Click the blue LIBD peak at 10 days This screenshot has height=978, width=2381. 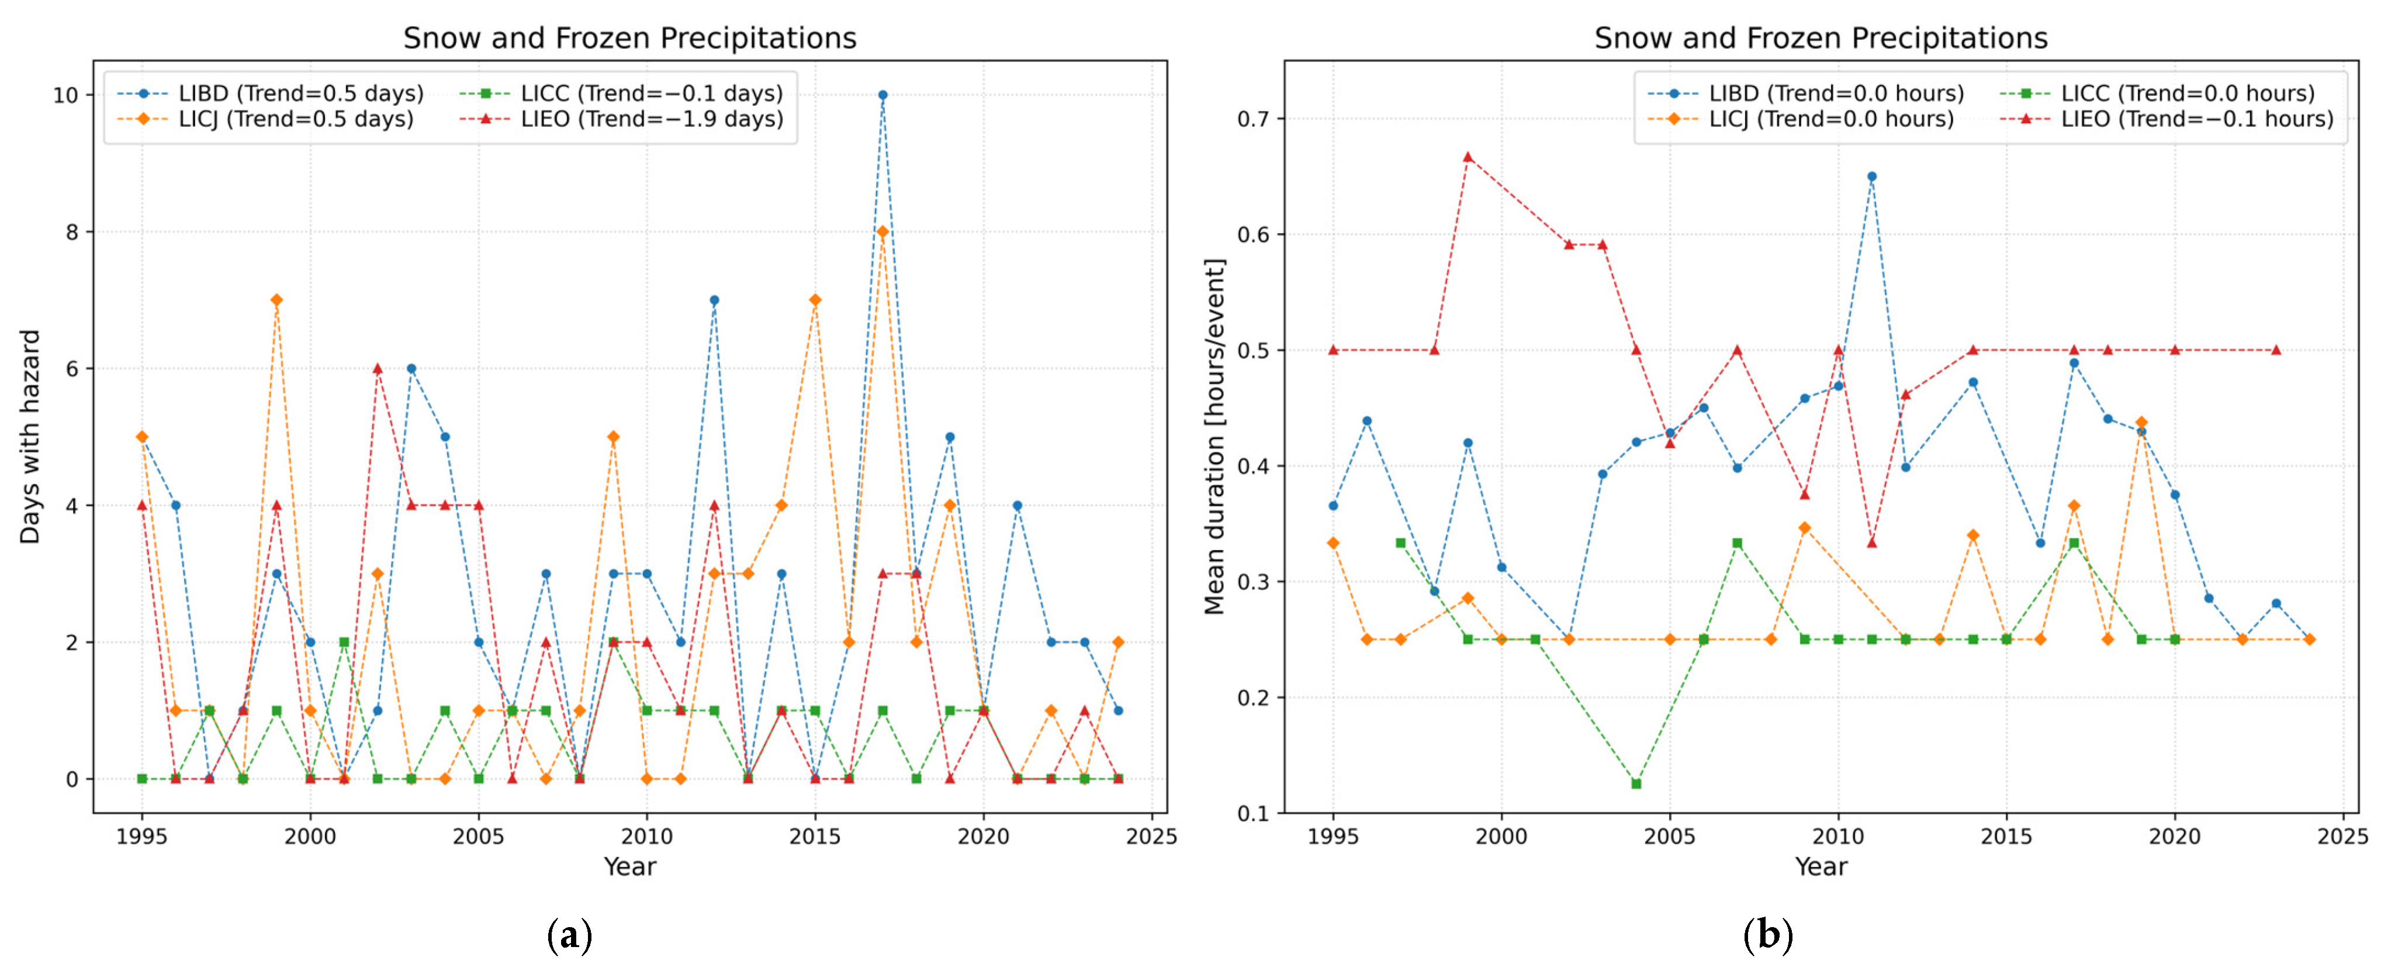(x=883, y=95)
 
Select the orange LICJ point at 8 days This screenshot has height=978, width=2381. (x=883, y=232)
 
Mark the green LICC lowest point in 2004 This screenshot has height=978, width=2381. (x=1636, y=784)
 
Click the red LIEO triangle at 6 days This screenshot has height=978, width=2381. (x=377, y=368)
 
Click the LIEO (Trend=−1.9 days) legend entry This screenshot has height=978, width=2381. (x=621, y=119)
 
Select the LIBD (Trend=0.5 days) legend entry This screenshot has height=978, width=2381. (x=271, y=94)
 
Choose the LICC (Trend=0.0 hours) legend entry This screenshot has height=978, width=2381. (x=2157, y=94)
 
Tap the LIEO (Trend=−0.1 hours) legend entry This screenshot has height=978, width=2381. (x=2167, y=119)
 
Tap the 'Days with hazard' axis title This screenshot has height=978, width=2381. (x=30, y=436)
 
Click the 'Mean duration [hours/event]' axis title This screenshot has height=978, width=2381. (x=1214, y=436)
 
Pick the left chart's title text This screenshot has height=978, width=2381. (x=629, y=38)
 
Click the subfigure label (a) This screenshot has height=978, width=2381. (x=569, y=935)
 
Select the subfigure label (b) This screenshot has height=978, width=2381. (x=1768, y=935)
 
